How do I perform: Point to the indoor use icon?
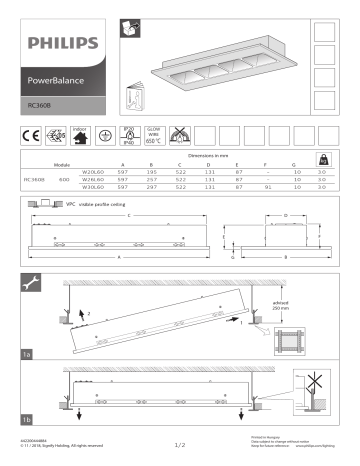81,132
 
